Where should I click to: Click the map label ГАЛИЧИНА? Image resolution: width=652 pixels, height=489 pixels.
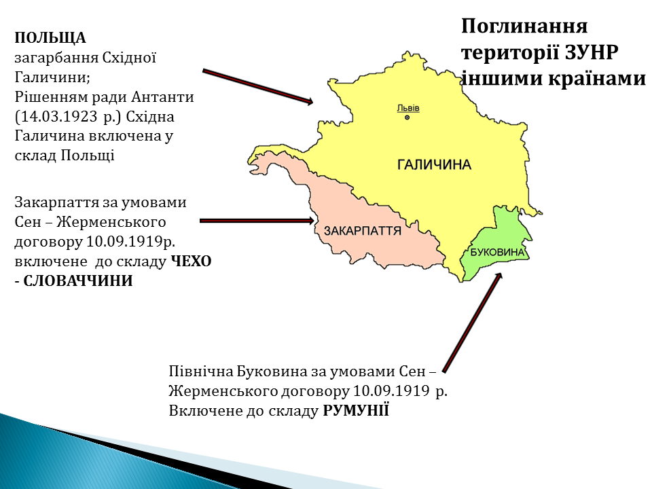point(434,164)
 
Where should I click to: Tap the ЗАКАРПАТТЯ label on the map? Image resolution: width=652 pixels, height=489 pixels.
point(363,231)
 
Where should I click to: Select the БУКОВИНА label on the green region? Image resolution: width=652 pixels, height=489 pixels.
point(497,252)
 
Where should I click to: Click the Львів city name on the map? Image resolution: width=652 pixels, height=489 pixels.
point(408,108)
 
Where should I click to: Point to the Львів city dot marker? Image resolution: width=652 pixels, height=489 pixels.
point(407,117)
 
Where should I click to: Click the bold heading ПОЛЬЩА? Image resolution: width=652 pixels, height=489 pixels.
point(50,38)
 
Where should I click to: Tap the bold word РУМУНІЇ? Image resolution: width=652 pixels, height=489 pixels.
point(356,411)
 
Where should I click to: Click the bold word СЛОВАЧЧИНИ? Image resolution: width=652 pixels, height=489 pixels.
point(77,281)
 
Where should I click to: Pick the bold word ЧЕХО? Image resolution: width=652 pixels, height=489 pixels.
point(192,261)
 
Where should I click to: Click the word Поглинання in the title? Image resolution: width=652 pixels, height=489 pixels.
point(524,26)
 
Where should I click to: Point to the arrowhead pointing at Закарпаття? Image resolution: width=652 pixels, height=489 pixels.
point(310,221)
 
